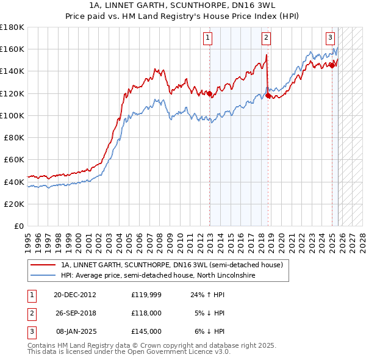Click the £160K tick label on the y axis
tap(12, 49)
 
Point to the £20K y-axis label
tap(14, 204)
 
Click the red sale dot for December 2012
tap(209, 93)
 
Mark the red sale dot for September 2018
tap(268, 96)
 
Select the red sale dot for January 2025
tap(332, 66)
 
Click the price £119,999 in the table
tap(146, 294)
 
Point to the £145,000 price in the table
tap(146, 331)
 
